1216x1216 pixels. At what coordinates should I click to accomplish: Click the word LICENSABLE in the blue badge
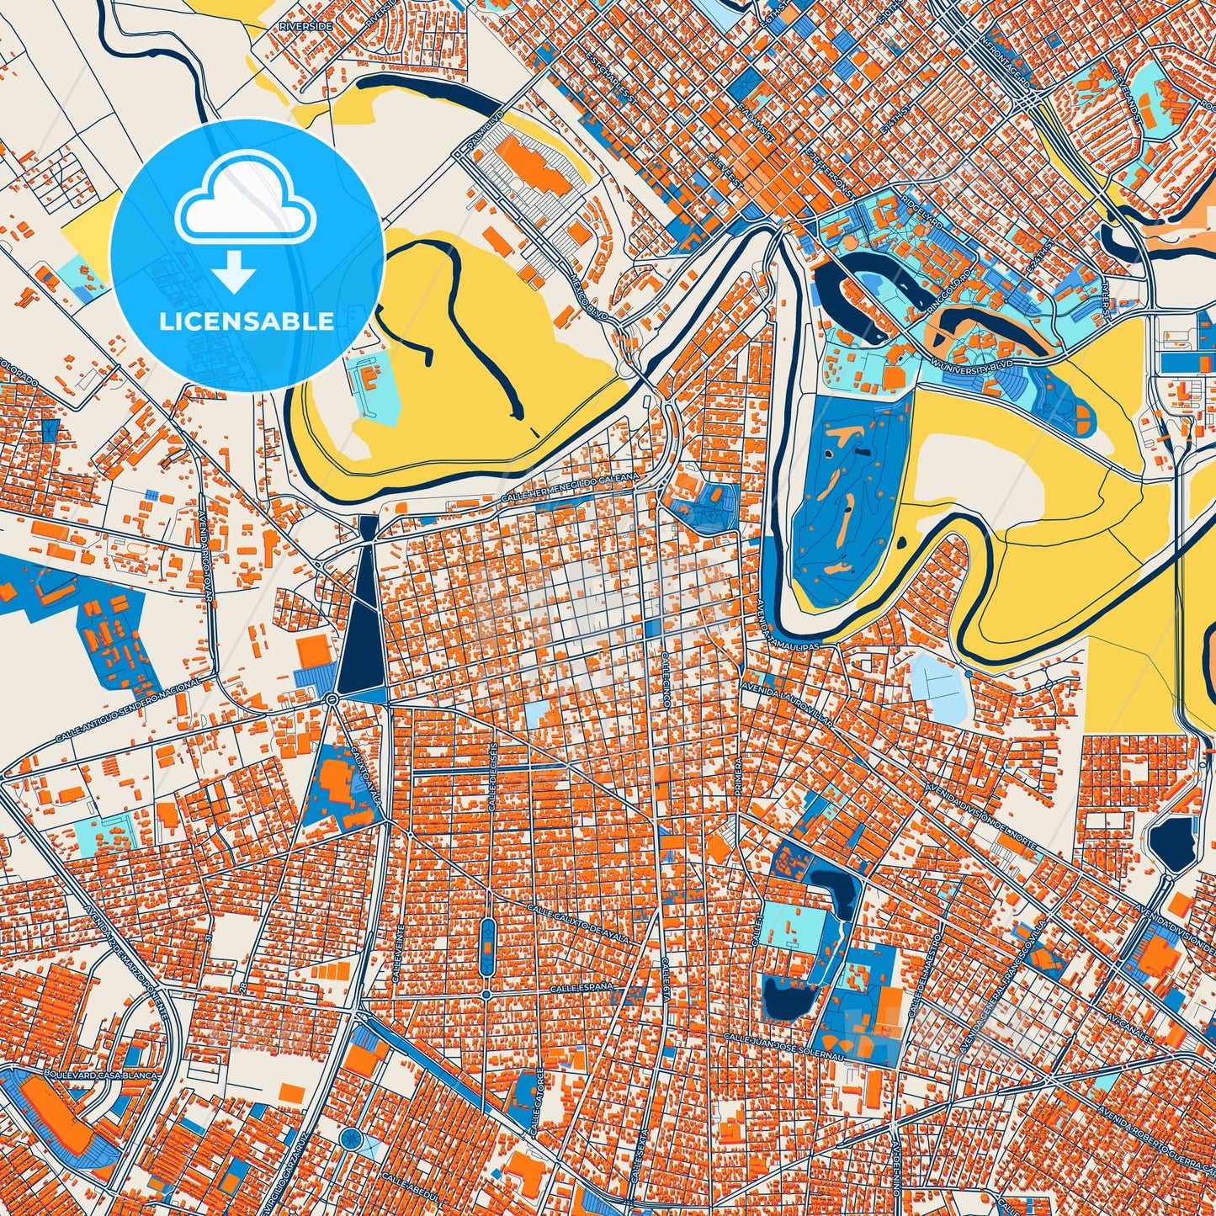pyautogui.click(x=247, y=321)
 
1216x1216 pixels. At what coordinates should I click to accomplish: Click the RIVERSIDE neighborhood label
pyautogui.click(x=305, y=27)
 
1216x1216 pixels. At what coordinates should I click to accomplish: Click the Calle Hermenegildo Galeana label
pyautogui.click(x=570, y=489)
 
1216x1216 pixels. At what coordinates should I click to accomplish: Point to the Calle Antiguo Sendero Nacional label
pyautogui.click(x=128, y=712)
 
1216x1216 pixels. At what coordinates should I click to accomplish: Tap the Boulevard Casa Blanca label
pyautogui.click(x=77, y=1076)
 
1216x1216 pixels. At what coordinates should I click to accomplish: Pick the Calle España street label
pyautogui.click(x=581, y=986)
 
